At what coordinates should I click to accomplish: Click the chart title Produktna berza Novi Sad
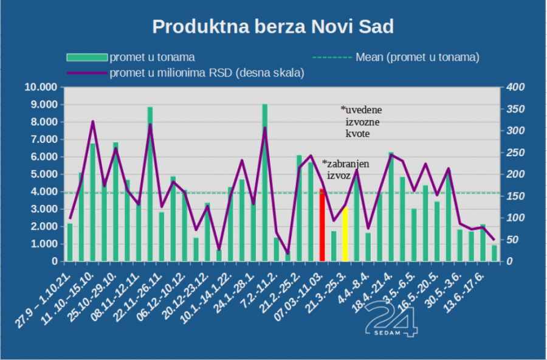tap(273, 27)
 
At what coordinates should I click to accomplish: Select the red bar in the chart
tap(322, 225)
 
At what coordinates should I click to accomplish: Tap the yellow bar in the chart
tap(345, 234)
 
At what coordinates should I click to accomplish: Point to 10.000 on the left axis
tap(41, 88)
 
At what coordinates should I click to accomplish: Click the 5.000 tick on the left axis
tap(43, 175)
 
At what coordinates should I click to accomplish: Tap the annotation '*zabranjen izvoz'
tap(345, 169)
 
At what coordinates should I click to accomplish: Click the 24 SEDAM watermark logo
tap(392, 320)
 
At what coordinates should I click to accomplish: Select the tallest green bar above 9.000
tap(265, 182)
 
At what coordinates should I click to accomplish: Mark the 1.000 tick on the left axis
tap(43, 244)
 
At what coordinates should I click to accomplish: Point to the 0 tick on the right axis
tap(508, 261)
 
